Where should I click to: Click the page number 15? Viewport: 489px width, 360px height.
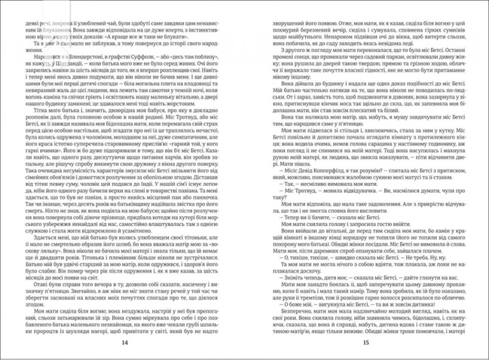click(365, 342)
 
